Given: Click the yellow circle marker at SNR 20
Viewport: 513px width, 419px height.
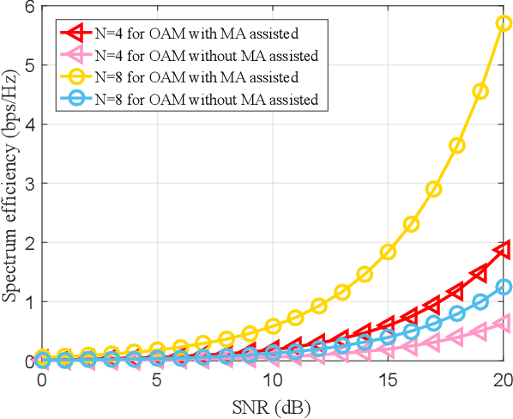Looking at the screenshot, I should (x=504, y=23).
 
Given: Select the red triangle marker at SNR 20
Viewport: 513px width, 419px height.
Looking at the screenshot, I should (x=504, y=250).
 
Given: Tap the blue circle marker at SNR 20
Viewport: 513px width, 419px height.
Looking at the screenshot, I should (x=504, y=287).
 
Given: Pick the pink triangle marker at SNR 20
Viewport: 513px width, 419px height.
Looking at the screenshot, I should (x=504, y=324).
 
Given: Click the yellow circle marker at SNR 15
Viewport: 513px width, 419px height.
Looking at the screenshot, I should (x=388, y=252).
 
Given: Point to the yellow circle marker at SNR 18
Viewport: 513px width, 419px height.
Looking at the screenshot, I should (x=457, y=146).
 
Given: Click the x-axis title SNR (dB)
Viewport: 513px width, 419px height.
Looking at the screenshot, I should (x=272, y=404).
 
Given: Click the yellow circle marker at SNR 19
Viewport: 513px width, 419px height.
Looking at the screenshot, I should (x=480, y=91).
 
